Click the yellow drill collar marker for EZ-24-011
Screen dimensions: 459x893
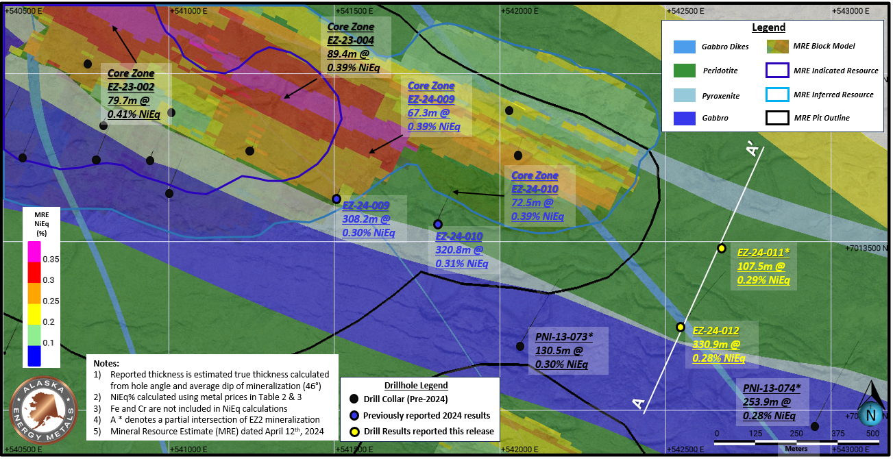[x=721, y=248]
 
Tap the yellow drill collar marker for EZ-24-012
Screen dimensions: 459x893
[x=681, y=327]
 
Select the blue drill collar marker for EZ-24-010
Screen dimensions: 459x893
[x=437, y=224]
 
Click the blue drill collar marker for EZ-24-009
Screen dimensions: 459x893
[x=337, y=199]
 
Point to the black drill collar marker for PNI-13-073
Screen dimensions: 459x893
[x=520, y=346]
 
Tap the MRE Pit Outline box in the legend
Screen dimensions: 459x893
[x=777, y=118]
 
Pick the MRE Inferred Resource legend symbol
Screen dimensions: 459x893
[x=777, y=95]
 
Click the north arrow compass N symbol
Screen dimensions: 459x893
[x=871, y=414]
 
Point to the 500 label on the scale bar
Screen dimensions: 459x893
[x=872, y=434]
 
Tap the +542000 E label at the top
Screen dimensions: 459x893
[x=519, y=10]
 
